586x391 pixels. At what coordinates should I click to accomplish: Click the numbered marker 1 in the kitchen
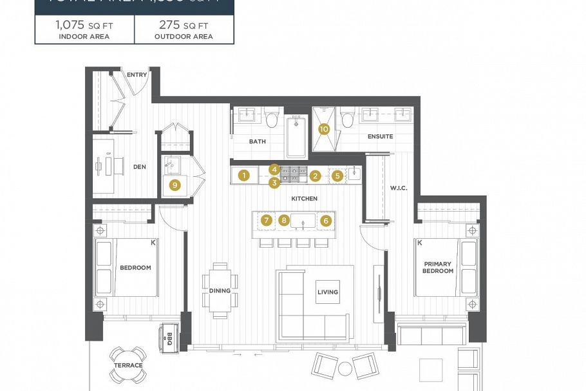point(243,175)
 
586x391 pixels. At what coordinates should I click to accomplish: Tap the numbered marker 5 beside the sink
point(337,175)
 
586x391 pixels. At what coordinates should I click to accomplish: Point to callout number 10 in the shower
point(324,129)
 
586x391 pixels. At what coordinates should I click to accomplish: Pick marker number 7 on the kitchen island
point(266,220)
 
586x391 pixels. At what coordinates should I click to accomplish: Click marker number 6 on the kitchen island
point(325,220)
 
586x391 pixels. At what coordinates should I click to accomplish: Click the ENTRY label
point(137,75)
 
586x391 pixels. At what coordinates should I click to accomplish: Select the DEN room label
point(139,166)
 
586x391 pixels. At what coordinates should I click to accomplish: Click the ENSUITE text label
point(380,136)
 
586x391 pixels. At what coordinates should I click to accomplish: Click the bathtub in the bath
point(296,136)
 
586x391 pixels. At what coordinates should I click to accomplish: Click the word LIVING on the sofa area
point(327,292)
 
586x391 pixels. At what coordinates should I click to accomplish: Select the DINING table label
point(220,290)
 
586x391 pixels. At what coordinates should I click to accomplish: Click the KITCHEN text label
point(304,199)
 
